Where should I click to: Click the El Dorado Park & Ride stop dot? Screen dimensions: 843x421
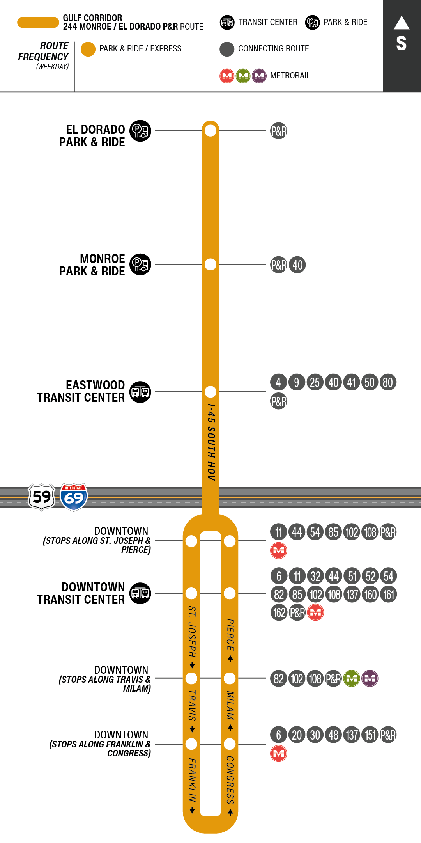pyautogui.click(x=210, y=130)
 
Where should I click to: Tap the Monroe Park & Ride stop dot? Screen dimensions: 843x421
pyautogui.click(x=210, y=264)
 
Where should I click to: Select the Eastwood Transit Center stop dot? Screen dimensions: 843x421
pyautogui.click(x=210, y=391)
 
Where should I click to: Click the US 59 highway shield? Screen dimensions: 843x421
pyautogui.click(x=41, y=497)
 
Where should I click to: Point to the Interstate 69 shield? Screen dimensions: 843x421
pyautogui.click(x=74, y=497)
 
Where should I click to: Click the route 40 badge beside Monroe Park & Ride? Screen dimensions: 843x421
pyautogui.click(x=297, y=265)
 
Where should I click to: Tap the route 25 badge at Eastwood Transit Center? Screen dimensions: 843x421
pyautogui.click(x=315, y=382)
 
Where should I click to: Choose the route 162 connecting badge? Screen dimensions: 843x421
pyautogui.click(x=279, y=612)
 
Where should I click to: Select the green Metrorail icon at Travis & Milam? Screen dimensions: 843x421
pyautogui.click(x=352, y=678)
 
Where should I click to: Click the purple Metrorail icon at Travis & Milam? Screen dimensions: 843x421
pyautogui.click(x=370, y=678)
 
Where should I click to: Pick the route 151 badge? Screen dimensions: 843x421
pyautogui.click(x=370, y=735)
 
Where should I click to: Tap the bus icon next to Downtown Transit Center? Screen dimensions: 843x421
pyautogui.click(x=140, y=593)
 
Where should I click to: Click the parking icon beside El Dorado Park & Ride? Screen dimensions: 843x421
pyautogui.click(x=140, y=131)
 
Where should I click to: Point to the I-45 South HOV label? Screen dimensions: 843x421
pyautogui.click(x=211, y=442)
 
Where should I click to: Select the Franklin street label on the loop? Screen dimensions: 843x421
pyautogui.click(x=191, y=779)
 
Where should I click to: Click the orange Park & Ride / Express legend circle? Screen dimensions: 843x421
pyautogui.click(x=88, y=49)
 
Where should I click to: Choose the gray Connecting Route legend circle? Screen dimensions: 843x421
pyautogui.click(x=227, y=49)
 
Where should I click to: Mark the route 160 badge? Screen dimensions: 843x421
pyautogui.click(x=370, y=595)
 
